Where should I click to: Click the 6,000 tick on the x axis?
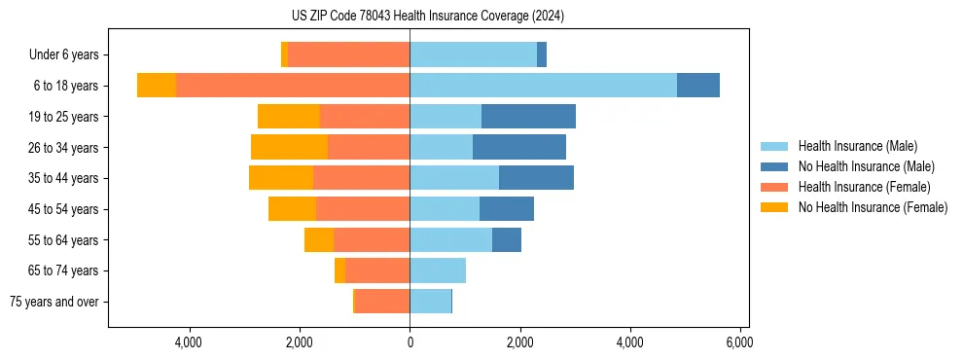point(740,342)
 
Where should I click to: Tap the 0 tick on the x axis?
point(410,342)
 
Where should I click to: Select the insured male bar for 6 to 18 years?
point(543,86)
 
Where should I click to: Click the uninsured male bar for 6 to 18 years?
point(698,86)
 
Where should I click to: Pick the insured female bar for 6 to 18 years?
point(293,86)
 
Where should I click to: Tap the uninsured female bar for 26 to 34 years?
point(289,147)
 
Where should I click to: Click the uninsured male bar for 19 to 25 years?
point(528,117)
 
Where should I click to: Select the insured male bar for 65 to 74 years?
point(438,270)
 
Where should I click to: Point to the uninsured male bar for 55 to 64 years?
point(507,239)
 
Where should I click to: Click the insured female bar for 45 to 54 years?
point(363,209)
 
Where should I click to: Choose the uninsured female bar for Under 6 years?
point(284,55)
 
